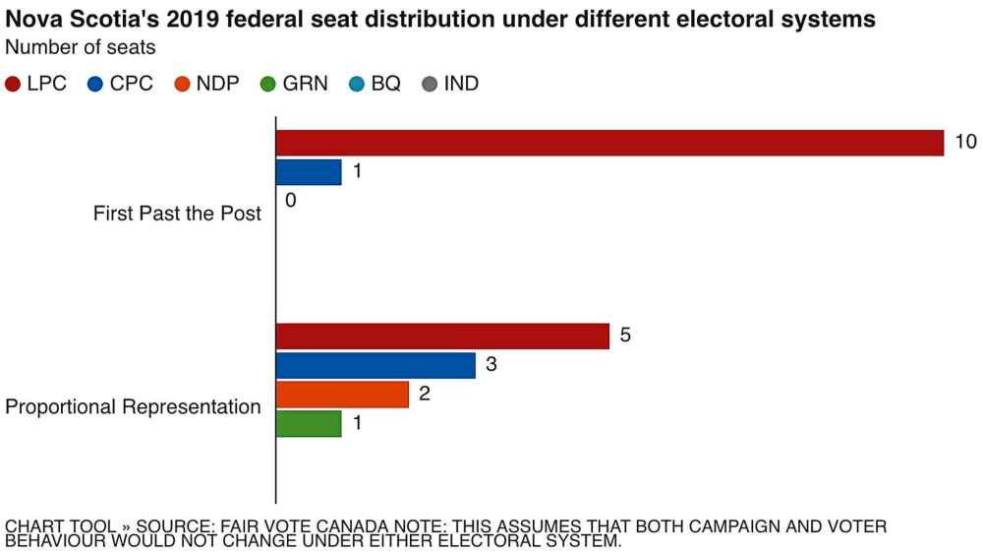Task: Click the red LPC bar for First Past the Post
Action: point(609,144)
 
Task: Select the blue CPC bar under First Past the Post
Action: point(309,172)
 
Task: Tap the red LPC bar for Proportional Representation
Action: point(442,337)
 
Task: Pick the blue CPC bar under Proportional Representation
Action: point(376,366)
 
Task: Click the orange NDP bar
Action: point(342,395)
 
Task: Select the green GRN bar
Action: point(309,424)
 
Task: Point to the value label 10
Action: point(965,143)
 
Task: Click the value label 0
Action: point(291,200)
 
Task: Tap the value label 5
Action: point(625,336)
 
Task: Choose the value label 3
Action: point(491,365)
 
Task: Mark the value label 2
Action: point(425,394)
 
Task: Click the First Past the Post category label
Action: point(177,214)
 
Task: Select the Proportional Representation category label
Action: point(134,407)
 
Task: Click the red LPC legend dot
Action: point(14,85)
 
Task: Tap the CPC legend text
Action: point(132,85)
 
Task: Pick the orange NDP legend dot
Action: point(182,85)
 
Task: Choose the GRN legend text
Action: point(306,85)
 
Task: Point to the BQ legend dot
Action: point(357,85)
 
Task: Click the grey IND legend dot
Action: point(429,85)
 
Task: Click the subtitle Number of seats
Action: point(81,46)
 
